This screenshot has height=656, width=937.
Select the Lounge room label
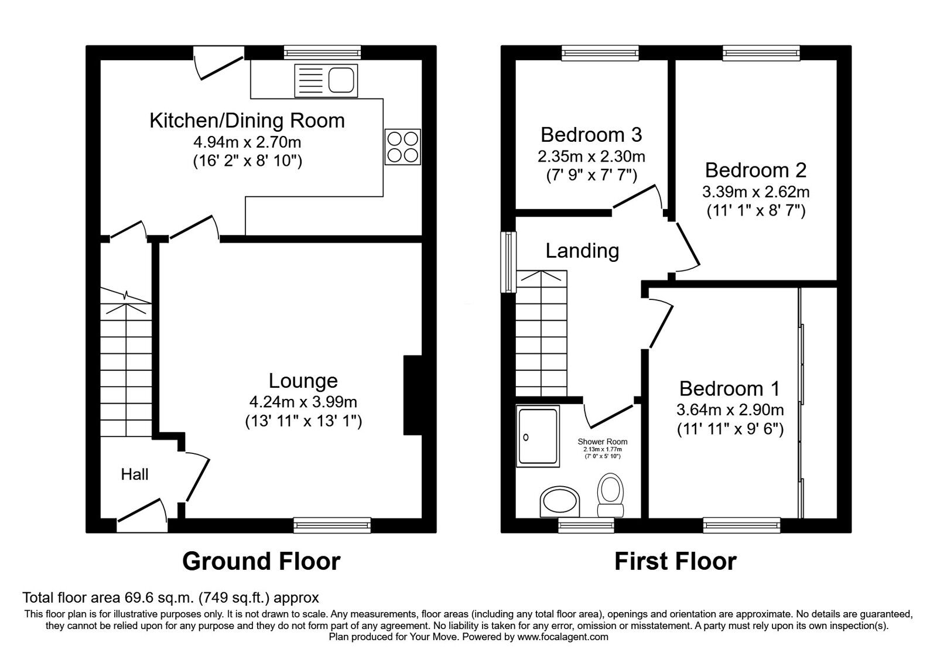303,381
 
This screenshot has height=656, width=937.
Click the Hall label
135,474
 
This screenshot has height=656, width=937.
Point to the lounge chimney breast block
412,395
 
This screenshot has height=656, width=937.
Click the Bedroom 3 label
591,135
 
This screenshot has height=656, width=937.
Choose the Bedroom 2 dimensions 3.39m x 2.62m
755,192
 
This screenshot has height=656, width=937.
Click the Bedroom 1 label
730,389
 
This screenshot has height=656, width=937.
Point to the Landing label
582,251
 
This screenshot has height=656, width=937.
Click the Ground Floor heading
261,561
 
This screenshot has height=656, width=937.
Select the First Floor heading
675,561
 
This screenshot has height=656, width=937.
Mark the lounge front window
333,525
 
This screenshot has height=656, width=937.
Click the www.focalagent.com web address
562,637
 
